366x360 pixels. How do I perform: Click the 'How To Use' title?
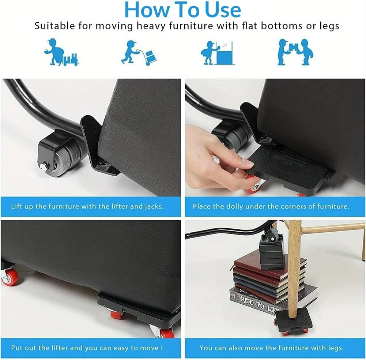(x=183, y=10)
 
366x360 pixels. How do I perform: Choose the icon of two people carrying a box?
(x=295, y=52)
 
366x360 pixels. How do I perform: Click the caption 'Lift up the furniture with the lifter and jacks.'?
(x=87, y=206)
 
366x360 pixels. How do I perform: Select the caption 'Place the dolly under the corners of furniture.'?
(x=271, y=206)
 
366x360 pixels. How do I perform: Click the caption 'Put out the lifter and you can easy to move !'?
(x=87, y=348)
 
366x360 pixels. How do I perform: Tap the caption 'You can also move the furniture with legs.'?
(x=271, y=348)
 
